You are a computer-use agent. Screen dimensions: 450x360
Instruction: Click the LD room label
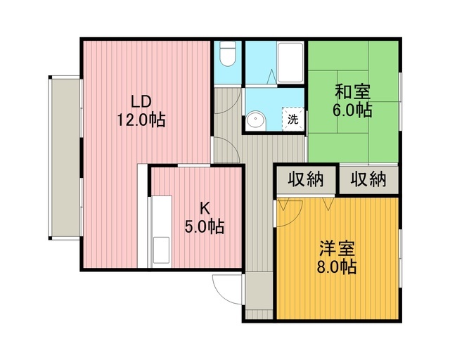141,101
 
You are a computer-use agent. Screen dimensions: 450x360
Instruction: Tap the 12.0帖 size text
141,120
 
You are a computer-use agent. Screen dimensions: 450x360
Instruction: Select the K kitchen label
205,208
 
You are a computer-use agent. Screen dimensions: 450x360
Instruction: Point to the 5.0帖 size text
205,227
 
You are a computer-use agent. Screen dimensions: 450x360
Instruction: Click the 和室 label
352,91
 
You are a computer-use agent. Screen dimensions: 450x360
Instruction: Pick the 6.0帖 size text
352,110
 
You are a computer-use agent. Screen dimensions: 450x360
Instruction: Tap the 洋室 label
337,247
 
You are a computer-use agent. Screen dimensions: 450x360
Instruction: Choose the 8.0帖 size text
337,266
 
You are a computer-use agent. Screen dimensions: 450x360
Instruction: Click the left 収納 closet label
306,179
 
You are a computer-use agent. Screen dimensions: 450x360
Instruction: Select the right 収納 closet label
368,179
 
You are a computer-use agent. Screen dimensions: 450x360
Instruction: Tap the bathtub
290,63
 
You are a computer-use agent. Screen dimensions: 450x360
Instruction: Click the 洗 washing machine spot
293,119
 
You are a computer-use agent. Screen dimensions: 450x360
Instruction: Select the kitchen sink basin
161,250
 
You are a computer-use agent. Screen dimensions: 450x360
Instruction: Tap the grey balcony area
65,157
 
